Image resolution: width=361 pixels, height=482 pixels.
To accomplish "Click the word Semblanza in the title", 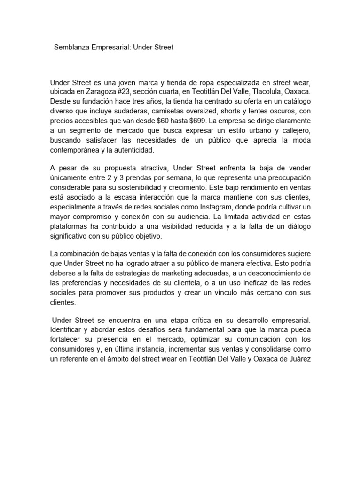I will pyautogui.click(x=72, y=47).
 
